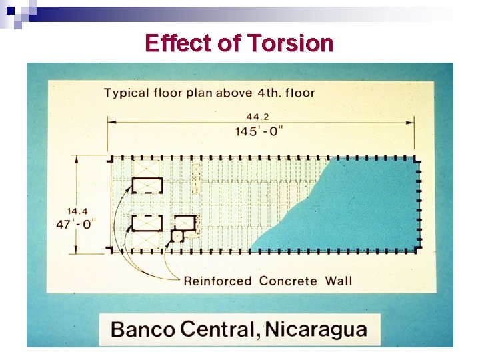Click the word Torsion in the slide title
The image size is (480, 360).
pos(290,43)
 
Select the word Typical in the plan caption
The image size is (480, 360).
pos(126,93)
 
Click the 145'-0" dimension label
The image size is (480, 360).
pos(259,131)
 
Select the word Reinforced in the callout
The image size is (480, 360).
pos(217,281)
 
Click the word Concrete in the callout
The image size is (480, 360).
pos(287,281)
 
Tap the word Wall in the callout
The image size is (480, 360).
pos(339,281)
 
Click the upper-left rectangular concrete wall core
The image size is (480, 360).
pos(147,185)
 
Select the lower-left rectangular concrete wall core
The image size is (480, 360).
pos(147,223)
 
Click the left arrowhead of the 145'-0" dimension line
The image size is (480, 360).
pos(112,123)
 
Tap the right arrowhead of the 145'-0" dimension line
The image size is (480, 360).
pos(413,123)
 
